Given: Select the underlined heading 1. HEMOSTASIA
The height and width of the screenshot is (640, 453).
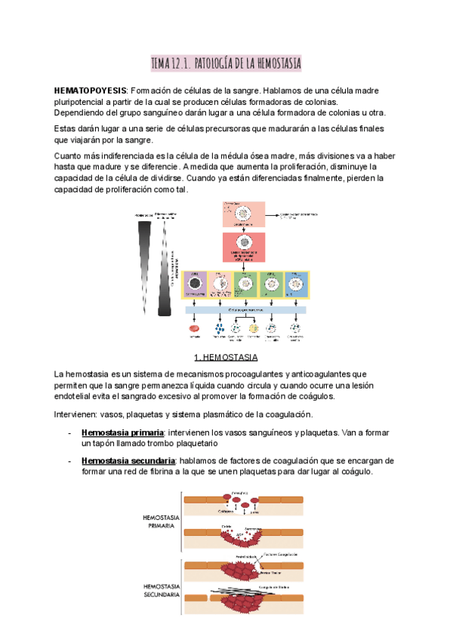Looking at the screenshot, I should pyautogui.click(x=226, y=356).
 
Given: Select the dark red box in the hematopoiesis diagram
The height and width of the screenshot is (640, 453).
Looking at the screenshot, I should pyautogui.click(x=245, y=246).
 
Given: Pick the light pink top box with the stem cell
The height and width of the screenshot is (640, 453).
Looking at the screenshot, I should pyautogui.click(x=245, y=214).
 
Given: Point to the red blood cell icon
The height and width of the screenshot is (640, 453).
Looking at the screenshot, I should pyautogui.click(x=194, y=329).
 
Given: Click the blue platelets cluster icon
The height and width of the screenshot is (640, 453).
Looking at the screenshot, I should pyautogui.click(x=218, y=329).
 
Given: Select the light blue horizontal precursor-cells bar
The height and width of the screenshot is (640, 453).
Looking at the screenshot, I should pyautogui.click(x=245, y=309).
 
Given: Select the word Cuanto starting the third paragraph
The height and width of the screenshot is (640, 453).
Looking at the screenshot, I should pyautogui.click(x=71, y=155).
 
